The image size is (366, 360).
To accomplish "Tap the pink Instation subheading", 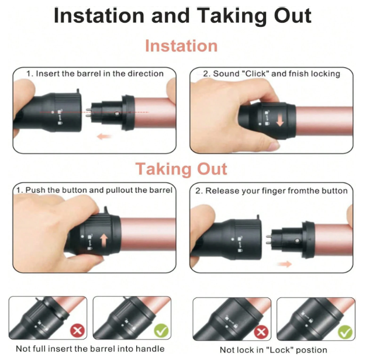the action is [181, 46].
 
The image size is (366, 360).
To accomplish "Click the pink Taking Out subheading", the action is [181, 169].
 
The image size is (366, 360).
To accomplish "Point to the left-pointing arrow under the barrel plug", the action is [104, 136].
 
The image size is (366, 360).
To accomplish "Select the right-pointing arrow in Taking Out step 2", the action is [285, 264].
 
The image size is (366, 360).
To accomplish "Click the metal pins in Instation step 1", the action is [88, 112].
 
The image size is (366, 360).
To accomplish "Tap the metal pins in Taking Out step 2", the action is [269, 240].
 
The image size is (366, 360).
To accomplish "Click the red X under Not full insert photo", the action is [78, 330].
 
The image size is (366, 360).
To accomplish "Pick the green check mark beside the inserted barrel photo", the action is [161, 330].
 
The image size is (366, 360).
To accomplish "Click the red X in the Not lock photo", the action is [261, 331].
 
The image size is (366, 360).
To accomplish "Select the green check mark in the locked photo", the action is [345, 331].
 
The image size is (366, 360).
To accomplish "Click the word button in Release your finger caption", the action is [335, 191].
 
